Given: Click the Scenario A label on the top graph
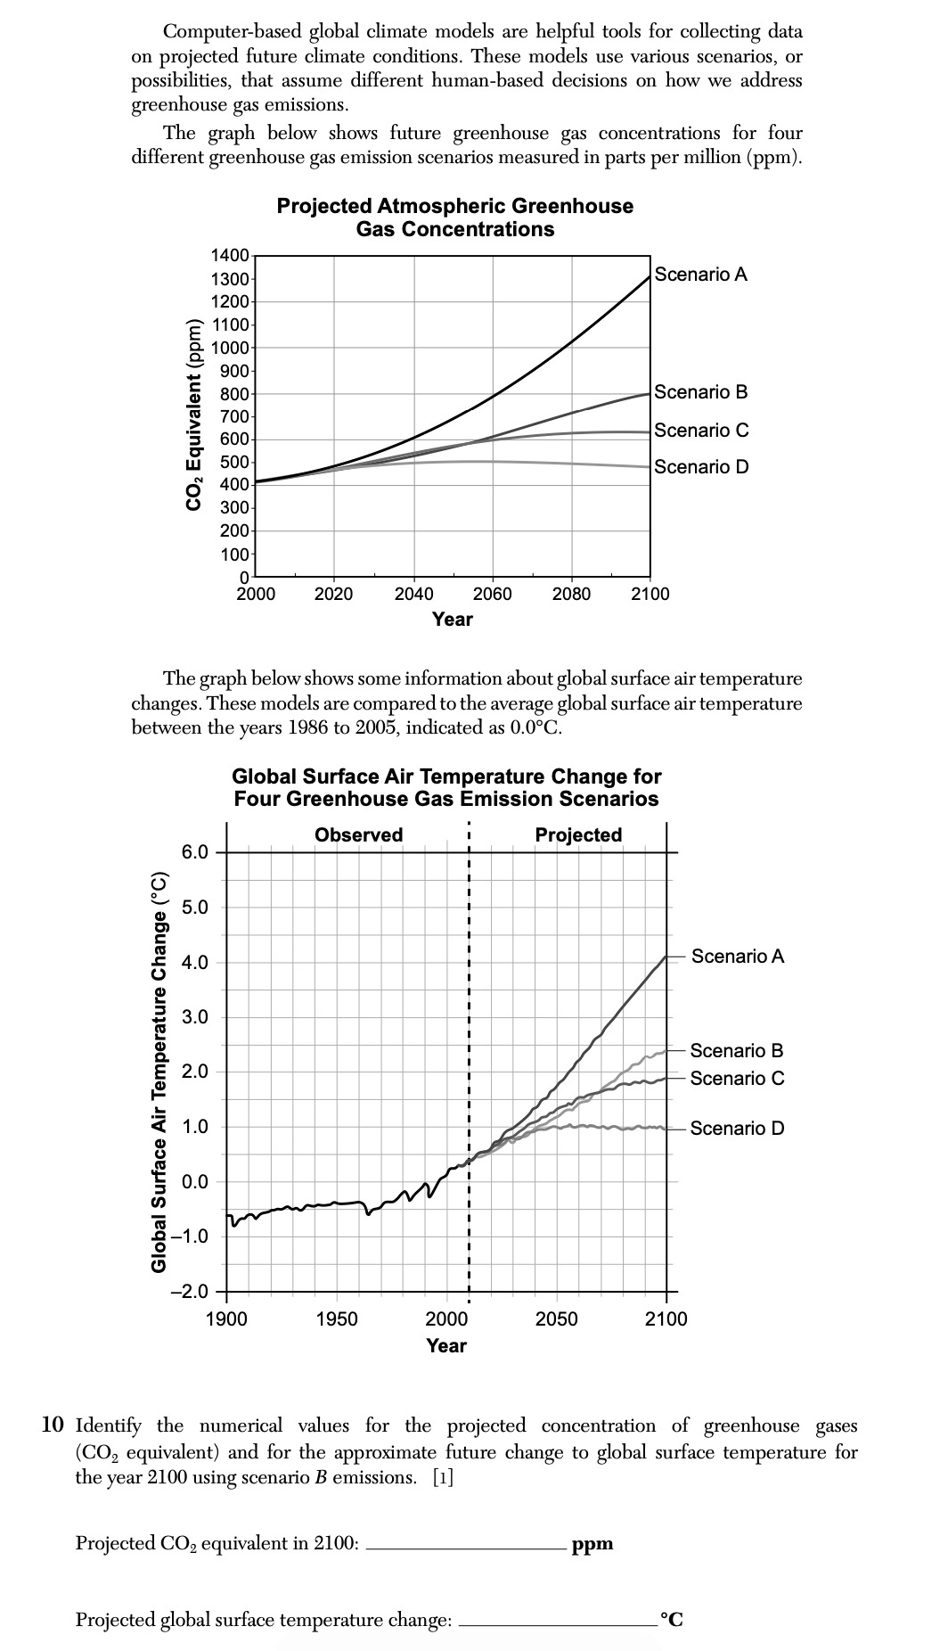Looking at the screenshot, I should point(700,275).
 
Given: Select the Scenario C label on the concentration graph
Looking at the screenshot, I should point(701,430).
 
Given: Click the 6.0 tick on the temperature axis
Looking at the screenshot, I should point(195,852).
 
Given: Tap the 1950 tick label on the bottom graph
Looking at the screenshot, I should point(337,1319).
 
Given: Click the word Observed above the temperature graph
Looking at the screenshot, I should point(358,835).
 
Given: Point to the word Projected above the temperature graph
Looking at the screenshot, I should point(578,835).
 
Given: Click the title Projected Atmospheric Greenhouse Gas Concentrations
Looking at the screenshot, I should point(454,218).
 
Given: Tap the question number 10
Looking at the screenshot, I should point(53,1425).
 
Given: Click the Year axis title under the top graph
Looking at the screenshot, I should point(453,619).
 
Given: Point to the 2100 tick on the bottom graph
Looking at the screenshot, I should point(666,1319).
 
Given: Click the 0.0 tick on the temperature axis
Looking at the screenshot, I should point(195,1182).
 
